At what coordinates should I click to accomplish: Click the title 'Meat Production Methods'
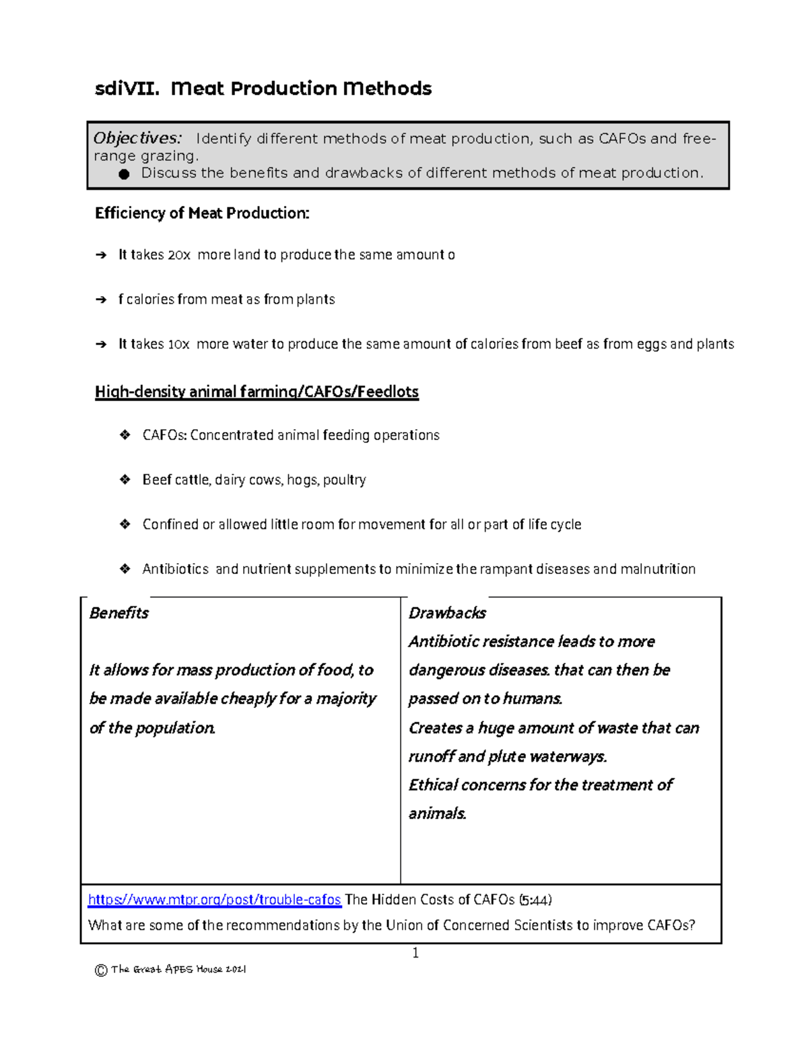pyautogui.click(x=301, y=89)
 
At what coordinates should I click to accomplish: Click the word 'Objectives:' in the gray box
pyautogui.click(x=137, y=138)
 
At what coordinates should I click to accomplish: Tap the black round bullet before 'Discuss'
pyautogui.click(x=124, y=174)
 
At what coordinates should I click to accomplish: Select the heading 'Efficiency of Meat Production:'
pyautogui.click(x=202, y=213)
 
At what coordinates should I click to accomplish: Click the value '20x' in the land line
pyautogui.click(x=179, y=255)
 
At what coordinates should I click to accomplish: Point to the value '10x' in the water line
pyautogui.click(x=178, y=345)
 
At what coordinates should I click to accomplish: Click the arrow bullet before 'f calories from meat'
pyautogui.click(x=101, y=300)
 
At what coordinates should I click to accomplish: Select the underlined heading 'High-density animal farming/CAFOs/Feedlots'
pyautogui.click(x=257, y=392)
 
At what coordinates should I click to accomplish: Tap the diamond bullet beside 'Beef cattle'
pyautogui.click(x=125, y=480)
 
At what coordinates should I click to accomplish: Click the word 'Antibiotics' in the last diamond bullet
pyautogui.click(x=175, y=569)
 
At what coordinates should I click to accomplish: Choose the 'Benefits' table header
pyautogui.click(x=119, y=613)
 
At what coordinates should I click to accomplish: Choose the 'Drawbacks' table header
pyautogui.click(x=447, y=613)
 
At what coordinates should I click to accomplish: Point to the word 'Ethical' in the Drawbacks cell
pyautogui.click(x=433, y=785)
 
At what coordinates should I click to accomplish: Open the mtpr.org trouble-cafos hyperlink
pyautogui.click(x=215, y=900)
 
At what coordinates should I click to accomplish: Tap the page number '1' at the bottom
pyautogui.click(x=415, y=953)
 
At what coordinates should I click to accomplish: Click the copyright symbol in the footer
pyautogui.click(x=101, y=970)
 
